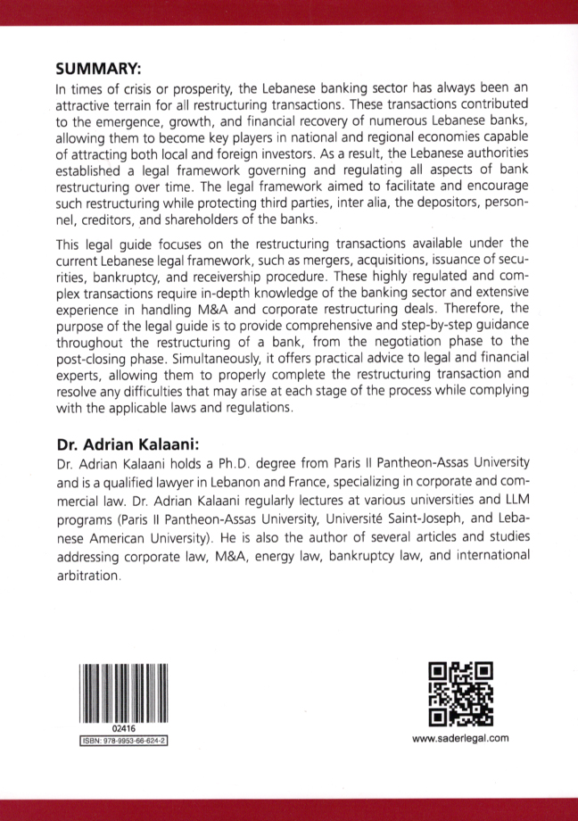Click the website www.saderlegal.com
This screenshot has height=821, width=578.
[460, 738]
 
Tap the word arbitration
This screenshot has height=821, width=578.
[87, 576]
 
